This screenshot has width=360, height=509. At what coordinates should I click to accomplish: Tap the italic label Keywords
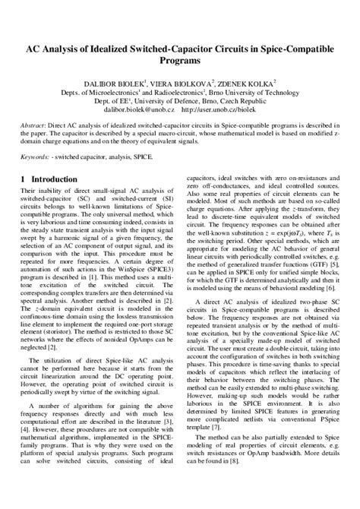(36, 156)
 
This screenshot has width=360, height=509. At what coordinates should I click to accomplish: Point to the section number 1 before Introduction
(22, 179)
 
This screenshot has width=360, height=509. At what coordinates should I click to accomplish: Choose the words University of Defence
(159, 100)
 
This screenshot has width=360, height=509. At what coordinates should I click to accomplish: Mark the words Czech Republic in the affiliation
(238, 100)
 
